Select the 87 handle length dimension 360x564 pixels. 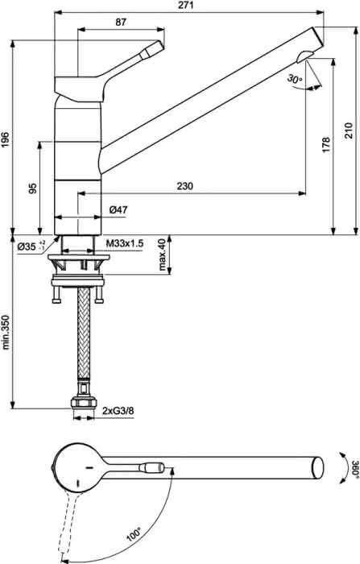[x=121, y=22]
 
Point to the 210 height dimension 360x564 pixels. [x=349, y=131]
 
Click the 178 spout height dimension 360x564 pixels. [x=326, y=144]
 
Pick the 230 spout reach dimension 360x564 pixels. [x=185, y=186]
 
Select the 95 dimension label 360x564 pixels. [x=33, y=188]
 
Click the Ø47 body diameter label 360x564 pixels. [x=118, y=209]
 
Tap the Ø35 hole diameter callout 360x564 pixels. [x=31, y=246]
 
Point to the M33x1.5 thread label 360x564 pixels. [x=125, y=243]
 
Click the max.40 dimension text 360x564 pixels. [x=162, y=255]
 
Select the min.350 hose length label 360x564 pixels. [x=6, y=332]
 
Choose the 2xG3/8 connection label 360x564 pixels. [x=118, y=410]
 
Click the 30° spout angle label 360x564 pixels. [x=295, y=78]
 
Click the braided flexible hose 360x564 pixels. [x=84, y=332]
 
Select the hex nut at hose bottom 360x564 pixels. [x=84, y=403]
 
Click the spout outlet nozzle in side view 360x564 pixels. [x=304, y=56]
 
